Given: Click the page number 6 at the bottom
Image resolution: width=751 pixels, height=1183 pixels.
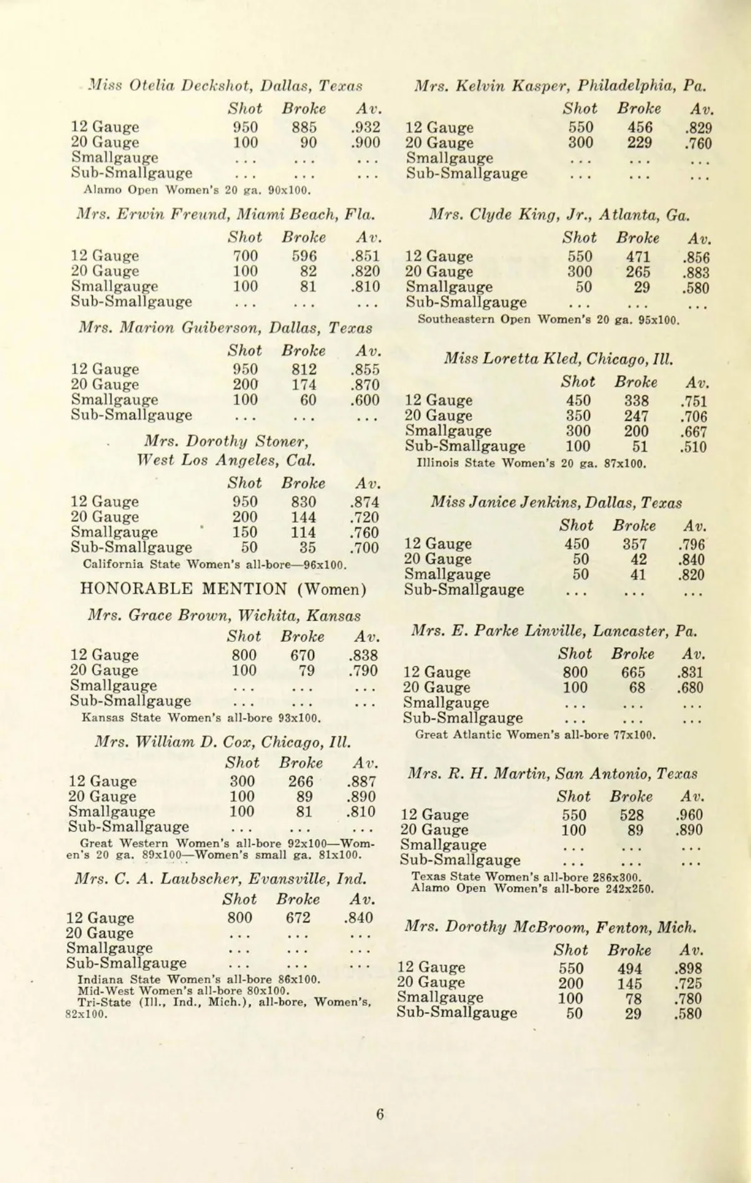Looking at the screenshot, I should (x=380, y=1114).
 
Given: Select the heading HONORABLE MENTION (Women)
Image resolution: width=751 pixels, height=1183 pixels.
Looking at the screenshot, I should (x=223, y=589).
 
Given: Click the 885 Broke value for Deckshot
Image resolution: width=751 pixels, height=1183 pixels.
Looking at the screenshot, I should (x=304, y=127).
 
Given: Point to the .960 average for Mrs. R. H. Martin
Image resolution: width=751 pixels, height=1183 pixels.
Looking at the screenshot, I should (x=689, y=815).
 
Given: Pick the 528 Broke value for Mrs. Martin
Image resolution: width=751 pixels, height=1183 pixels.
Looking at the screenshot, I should (x=631, y=815).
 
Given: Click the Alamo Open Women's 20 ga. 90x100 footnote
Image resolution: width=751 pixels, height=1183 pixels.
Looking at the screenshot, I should (x=197, y=189).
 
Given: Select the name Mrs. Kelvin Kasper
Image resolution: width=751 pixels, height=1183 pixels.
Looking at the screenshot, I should (x=493, y=85).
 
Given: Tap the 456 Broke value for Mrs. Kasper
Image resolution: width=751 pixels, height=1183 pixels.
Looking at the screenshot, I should (x=640, y=128).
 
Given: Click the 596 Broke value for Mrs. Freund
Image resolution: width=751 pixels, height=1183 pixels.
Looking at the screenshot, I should (x=304, y=256).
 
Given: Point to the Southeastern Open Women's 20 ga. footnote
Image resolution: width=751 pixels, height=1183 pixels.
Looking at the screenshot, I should (x=549, y=319).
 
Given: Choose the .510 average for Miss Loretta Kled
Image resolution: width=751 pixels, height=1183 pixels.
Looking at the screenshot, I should (x=693, y=447).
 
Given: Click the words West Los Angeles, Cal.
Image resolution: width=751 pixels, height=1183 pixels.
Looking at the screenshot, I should (x=226, y=460).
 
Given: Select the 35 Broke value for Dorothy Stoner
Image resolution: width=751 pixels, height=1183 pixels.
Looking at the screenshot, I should (x=307, y=548).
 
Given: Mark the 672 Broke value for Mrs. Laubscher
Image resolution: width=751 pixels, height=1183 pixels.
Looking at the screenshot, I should (x=298, y=917).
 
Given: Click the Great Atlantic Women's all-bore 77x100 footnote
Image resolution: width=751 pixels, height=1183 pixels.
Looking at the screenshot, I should (x=536, y=735).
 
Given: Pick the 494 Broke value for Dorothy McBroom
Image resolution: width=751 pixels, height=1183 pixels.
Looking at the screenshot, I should (x=630, y=968).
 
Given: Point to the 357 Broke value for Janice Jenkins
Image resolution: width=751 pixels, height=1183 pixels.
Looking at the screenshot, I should (x=635, y=544).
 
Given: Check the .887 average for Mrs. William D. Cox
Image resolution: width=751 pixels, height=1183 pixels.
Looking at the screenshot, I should (x=361, y=782).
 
